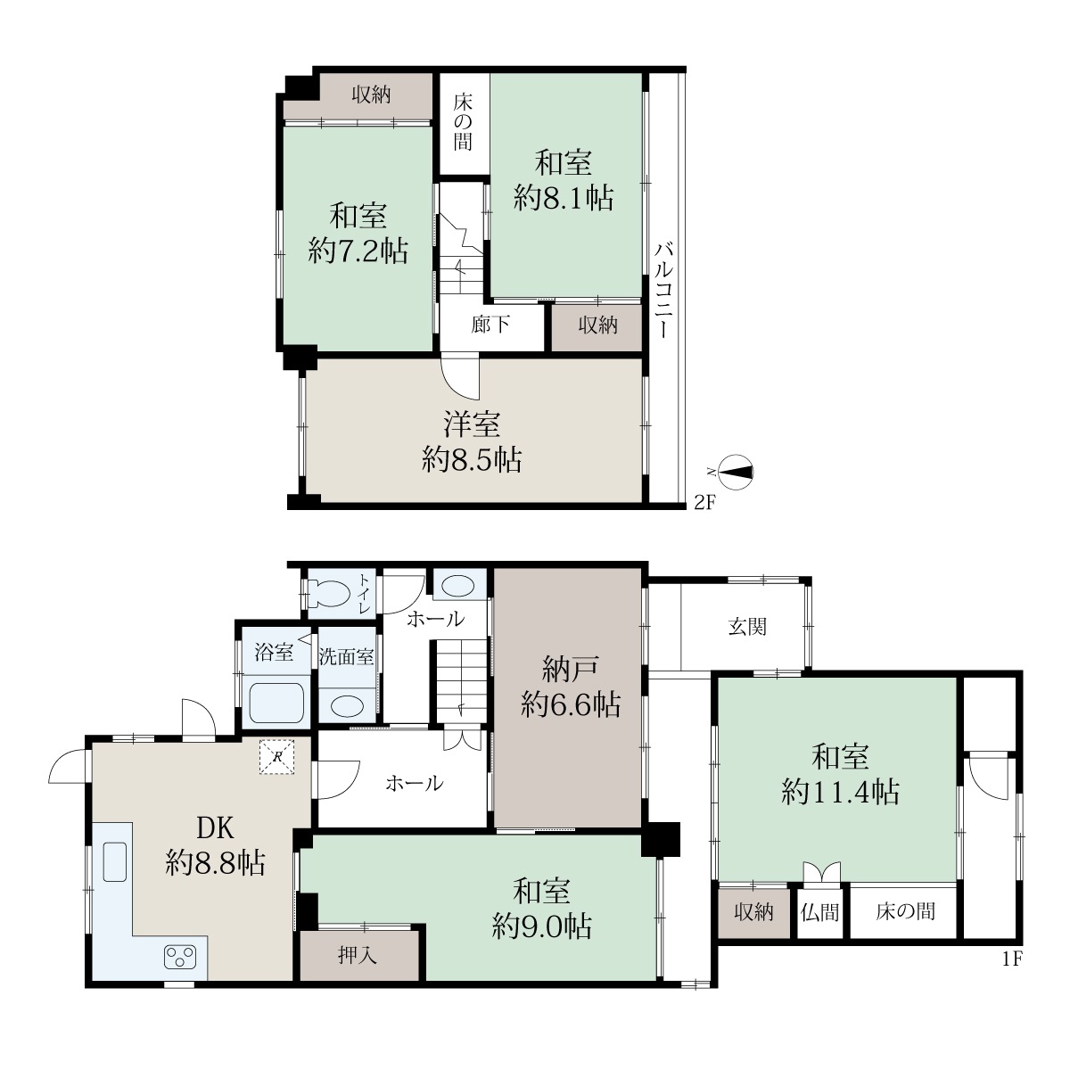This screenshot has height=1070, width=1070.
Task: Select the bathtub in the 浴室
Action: (276, 703)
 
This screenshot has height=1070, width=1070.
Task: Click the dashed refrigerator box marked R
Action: (276, 756)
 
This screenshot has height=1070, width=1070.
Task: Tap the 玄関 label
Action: (747, 626)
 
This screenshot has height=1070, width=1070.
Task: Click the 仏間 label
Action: (819, 912)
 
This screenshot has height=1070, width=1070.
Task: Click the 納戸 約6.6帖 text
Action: (571, 687)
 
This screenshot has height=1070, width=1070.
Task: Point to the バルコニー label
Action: (663, 290)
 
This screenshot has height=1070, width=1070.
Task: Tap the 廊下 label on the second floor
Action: (490, 325)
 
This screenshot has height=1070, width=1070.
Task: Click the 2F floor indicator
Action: (704, 503)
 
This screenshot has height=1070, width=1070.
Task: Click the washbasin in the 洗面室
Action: (347, 705)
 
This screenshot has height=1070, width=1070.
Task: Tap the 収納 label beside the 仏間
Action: (753, 912)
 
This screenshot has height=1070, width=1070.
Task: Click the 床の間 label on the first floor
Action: (905, 911)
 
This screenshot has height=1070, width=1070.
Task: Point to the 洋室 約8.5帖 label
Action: (472, 442)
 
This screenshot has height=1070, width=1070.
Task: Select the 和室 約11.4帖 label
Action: (840, 775)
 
